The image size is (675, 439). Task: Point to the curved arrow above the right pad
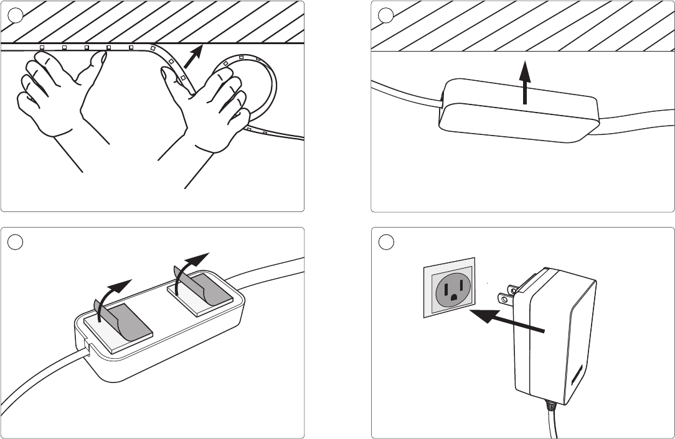189,264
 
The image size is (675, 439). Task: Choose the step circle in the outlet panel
385,242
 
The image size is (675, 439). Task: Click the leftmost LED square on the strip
42,47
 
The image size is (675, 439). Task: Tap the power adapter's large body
554,336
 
